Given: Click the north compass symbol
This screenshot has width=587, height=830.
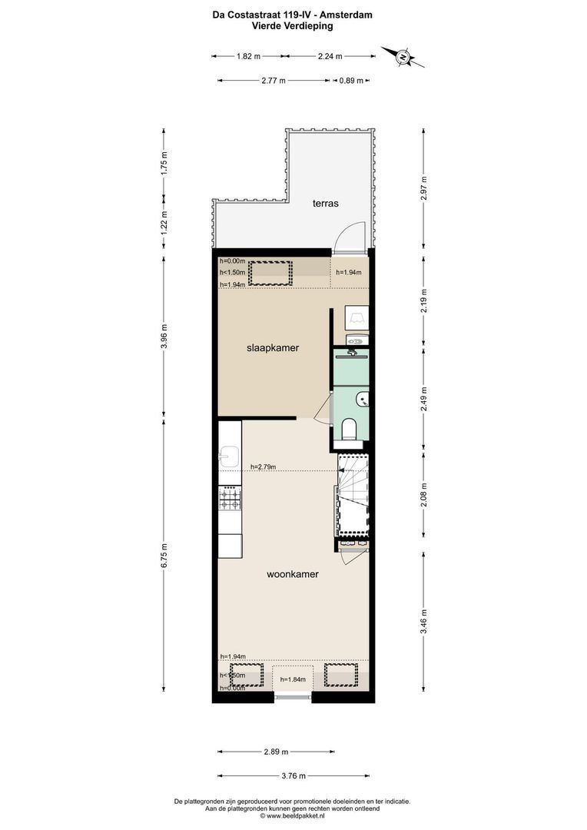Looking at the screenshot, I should click(402, 55).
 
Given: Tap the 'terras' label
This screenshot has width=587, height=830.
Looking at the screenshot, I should click(326, 204).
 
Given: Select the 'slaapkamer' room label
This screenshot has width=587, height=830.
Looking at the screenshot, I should click(273, 348).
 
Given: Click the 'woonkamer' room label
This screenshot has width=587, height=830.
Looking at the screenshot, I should click(293, 574).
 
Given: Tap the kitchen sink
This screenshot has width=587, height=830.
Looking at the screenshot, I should click(228, 459).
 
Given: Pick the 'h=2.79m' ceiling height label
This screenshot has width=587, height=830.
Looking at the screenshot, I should click(264, 466).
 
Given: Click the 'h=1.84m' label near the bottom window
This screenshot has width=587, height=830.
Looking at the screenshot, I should click(293, 679).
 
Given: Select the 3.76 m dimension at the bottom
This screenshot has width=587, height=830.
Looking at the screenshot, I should click(294, 775).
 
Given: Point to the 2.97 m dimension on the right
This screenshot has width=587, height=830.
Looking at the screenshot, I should click(424, 188).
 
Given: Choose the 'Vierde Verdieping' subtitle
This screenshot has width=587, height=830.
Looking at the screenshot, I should click(292, 25).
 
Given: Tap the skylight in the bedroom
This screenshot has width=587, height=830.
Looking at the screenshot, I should click(270, 273).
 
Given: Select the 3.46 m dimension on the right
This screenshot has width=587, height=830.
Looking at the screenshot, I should click(424, 617).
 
